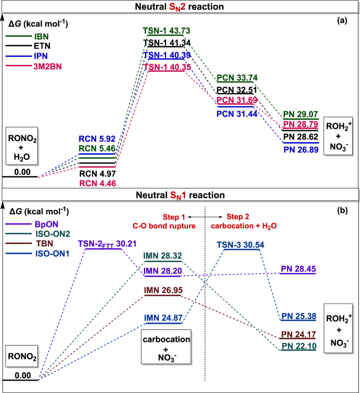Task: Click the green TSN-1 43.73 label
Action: tap(166, 31)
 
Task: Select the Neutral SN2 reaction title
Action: tap(180, 7)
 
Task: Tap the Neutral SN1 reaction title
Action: tap(180, 194)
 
